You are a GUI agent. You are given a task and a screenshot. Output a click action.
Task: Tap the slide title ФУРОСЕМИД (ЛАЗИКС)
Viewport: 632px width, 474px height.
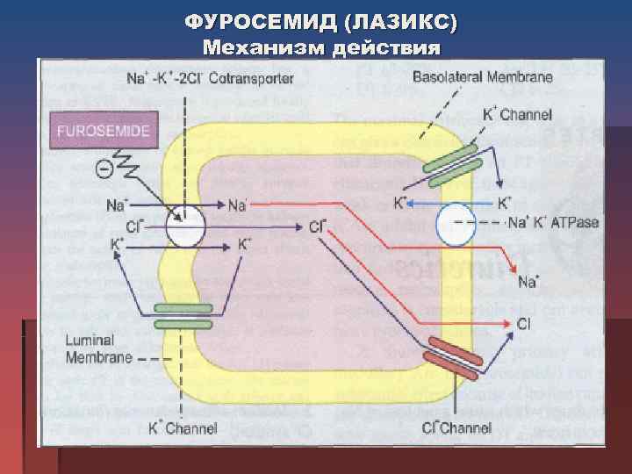pos(320,20)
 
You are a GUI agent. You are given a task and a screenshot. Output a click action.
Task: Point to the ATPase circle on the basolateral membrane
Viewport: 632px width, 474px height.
pos(456,223)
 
